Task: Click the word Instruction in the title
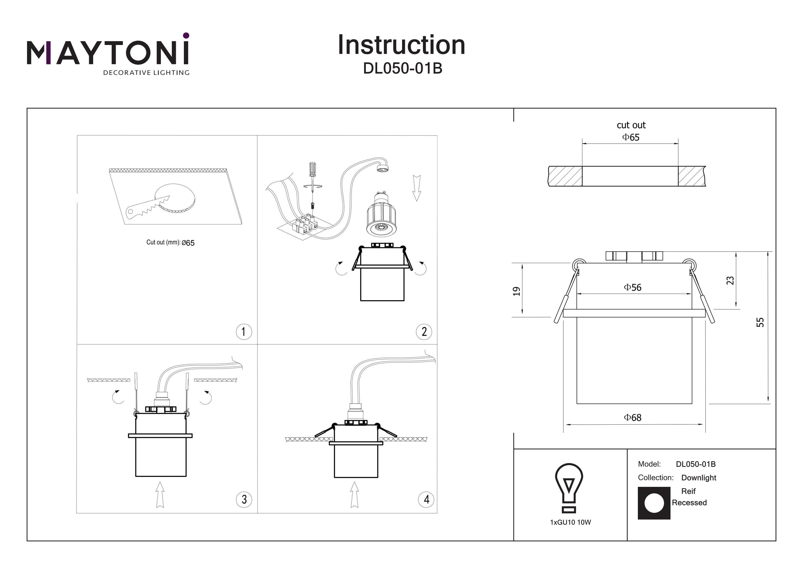click(401, 45)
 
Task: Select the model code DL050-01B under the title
click(403, 69)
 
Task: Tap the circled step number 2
click(424, 332)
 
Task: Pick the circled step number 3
click(244, 499)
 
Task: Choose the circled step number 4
click(426, 499)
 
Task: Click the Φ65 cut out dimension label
click(631, 137)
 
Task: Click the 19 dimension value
click(517, 291)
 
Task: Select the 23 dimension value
click(730, 280)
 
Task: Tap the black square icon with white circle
click(654, 503)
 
